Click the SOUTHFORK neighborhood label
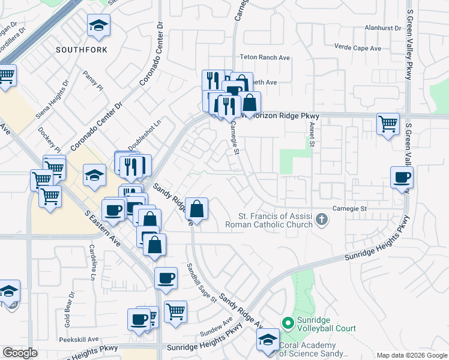tap(82, 50)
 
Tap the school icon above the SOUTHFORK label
tap(98, 26)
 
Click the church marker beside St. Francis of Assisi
tap(322, 220)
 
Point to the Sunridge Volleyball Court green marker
tap(288, 323)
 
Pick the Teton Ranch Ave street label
tap(265, 57)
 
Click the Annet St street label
tap(312, 135)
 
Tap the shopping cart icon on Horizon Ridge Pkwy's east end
tap(388, 124)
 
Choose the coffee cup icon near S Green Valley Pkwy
tap(402, 178)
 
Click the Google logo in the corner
tap(19, 353)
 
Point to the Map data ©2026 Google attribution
tap(412, 355)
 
